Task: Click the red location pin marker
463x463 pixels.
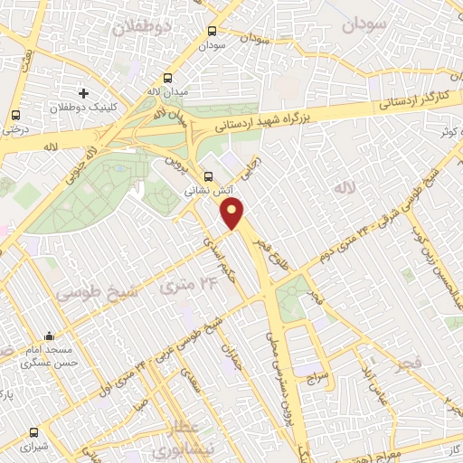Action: tap(233, 213)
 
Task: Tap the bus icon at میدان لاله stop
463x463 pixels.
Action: tap(167, 78)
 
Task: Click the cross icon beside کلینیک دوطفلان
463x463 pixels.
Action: tap(84, 93)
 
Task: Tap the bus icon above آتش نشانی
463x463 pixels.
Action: tap(209, 176)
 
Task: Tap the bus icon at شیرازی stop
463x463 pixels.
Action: tap(34, 432)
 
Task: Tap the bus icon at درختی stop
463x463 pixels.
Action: tap(15, 115)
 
